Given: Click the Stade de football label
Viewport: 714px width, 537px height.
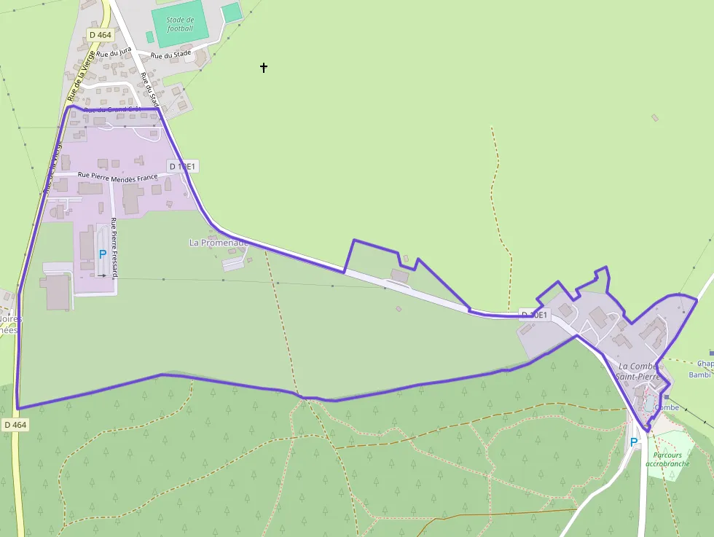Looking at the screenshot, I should (180, 24).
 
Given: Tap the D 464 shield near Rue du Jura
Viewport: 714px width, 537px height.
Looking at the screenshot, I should (100, 35).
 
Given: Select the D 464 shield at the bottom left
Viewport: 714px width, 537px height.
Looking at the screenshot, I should (15, 424).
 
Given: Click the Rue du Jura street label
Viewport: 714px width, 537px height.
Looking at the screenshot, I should (114, 53).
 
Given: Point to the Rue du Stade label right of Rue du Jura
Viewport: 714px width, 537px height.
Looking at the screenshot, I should (170, 54).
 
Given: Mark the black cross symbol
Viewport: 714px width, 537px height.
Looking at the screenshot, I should (264, 68).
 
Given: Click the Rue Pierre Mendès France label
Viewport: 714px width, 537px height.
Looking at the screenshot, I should (117, 176).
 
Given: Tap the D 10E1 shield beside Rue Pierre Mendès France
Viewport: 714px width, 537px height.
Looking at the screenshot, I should (182, 166).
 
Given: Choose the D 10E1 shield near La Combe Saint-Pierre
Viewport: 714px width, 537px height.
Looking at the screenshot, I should (534, 315).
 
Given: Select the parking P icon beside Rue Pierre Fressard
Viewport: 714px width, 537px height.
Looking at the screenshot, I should (102, 255).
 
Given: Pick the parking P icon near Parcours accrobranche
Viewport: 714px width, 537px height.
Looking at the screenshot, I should (633, 442).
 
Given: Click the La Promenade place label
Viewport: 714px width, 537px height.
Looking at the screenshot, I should (219, 242).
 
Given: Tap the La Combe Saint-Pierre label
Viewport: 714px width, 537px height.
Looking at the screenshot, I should (638, 371).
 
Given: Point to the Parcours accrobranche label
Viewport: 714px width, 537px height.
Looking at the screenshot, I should (667, 459).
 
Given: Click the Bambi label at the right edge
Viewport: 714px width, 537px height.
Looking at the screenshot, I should (699, 375).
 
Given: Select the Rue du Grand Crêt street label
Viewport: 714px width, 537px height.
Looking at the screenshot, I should (112, 110).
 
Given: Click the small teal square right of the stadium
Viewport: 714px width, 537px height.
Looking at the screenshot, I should (231, 12).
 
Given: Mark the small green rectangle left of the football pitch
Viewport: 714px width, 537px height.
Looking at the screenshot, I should (149, 36).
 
